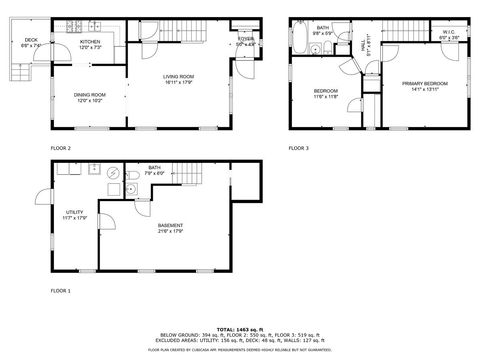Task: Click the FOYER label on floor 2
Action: click(245, 41)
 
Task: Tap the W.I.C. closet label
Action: click(450, 33)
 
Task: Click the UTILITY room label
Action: click(74, 212)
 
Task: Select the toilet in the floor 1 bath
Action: click(133, 189)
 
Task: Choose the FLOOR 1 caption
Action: click(61, 290)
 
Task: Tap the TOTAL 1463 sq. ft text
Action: click(240, 328)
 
